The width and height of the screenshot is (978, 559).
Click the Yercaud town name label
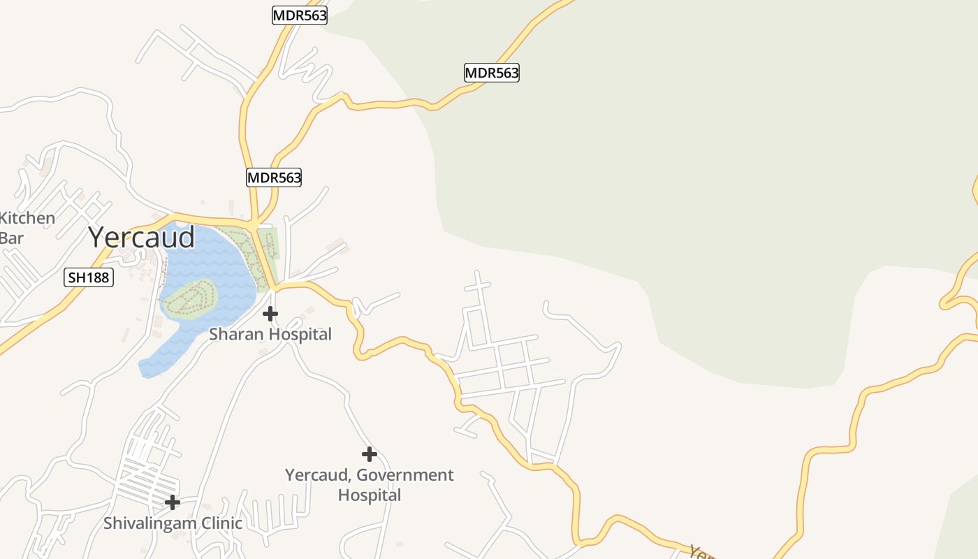[x=142, y=238]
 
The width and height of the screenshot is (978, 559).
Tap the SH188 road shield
[x=89, y=277]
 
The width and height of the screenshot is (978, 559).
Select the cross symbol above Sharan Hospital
[x=270, y=314]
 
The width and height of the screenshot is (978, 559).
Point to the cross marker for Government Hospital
[x=370, y=455]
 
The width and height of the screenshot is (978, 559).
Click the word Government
[x=405, y=475]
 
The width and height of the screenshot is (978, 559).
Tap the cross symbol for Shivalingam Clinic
[x=173, y=502]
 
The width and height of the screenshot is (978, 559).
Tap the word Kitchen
[x=28, y=218]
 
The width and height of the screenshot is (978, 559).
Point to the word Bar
[x=11, y=238]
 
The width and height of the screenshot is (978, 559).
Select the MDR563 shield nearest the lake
[x=274, y=177]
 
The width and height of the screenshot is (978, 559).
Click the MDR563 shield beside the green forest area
[x=492, y=73]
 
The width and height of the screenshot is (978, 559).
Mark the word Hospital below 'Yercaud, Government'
[x=370, y=495]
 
